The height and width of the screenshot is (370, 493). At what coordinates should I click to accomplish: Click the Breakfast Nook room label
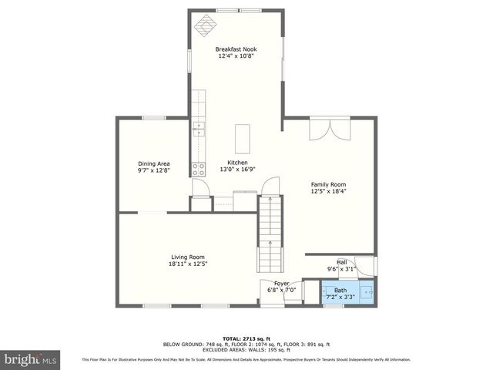coord(236,49)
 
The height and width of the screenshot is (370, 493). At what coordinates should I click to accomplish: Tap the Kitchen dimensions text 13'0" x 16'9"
coord(237,169)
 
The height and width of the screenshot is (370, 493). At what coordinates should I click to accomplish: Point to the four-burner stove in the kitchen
coord(199,168)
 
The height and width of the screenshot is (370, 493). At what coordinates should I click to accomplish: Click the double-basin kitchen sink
coord(199,127)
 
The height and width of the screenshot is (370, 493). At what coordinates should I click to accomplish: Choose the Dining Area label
coord(153,163)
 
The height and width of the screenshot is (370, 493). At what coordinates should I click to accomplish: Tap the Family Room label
coord(328,184)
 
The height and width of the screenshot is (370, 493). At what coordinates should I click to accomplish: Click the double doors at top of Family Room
coord(330,129)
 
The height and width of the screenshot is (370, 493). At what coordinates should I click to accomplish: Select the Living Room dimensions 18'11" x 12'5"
coord(189,264)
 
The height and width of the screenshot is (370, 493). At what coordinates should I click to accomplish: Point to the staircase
coord(270,231)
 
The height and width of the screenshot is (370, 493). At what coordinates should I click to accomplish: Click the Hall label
coord(341,262)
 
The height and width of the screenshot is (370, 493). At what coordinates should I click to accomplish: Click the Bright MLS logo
coord(30,359)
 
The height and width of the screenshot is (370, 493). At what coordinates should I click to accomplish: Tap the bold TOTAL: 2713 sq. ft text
coord(246,338)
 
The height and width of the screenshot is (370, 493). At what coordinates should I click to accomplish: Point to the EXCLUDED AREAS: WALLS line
coord(246,351)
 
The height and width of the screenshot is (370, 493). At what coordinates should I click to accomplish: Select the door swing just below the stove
coord(200,186)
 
